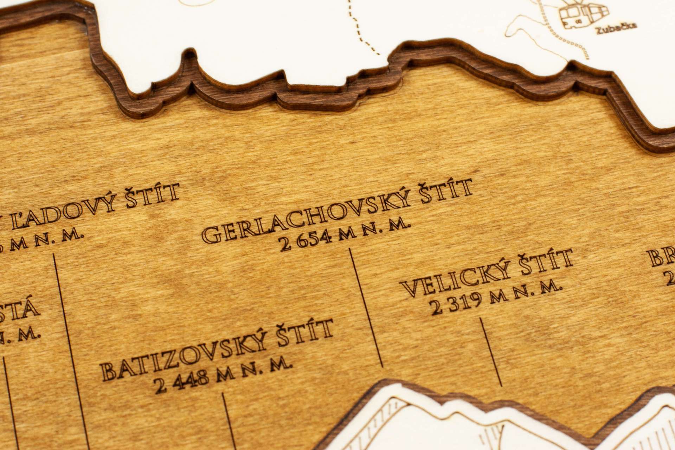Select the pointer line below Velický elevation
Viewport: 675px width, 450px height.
(x=491, y=352)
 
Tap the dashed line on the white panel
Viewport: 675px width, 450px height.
(x=359, y=28)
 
